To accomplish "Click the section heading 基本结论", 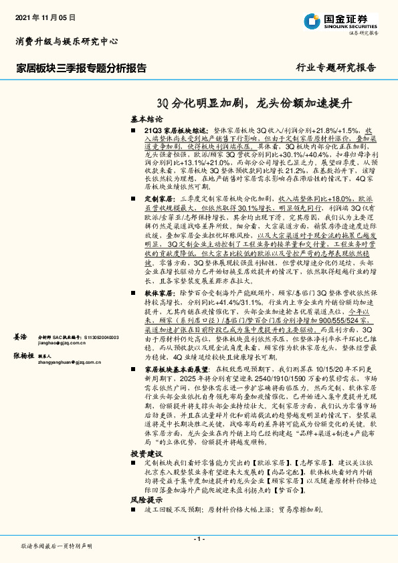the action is [146, 117].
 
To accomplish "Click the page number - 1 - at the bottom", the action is [199, 538].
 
